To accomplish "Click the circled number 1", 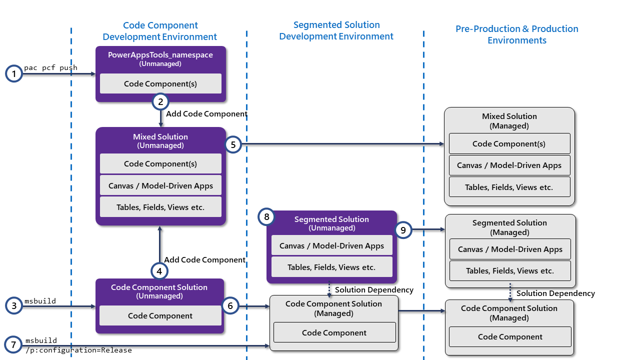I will (14, 74).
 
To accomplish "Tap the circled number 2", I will (160, 102).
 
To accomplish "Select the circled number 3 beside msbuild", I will (14, 305).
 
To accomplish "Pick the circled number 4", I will (159, 271).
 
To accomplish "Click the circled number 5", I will (233, 144).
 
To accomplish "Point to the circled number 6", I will (230, 305).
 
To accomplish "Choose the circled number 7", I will (14, 345).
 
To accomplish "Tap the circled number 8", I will (266, 217).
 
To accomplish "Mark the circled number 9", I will (403, 230).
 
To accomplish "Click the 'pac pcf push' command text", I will (50, 67).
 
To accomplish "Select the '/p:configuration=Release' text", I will (78, 350).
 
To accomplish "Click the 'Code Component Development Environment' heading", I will (160, 31).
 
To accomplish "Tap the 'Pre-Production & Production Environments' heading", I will (516, 34).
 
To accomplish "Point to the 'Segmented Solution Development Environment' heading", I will (336, 30).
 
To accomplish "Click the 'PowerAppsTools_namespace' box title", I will (160, 55).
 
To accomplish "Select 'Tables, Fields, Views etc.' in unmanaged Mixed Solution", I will (160, 207).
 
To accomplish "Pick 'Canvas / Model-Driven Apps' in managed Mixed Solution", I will (509, 165).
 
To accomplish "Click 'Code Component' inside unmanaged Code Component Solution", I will (160, 315).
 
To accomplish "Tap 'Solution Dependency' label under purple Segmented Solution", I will (374, 290).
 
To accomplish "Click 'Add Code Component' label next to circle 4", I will (204, 259).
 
